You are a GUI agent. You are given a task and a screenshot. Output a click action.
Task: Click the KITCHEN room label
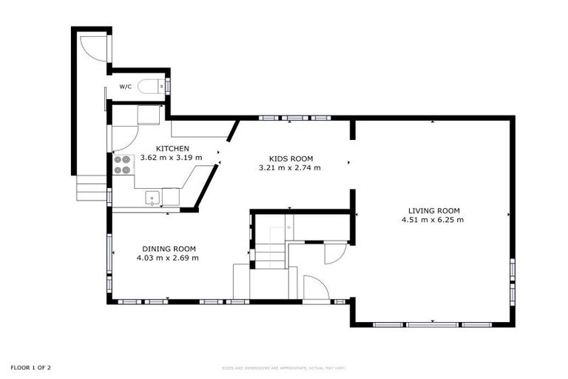coord(166,149)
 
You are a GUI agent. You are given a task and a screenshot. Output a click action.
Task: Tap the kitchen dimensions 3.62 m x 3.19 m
coord(171,158)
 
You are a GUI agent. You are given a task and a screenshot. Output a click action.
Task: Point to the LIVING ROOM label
coord(433,210)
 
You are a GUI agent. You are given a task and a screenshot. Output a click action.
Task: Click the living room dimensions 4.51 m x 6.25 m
coord(433,220)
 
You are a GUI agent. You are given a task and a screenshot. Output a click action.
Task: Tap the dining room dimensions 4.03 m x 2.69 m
coord(167,258)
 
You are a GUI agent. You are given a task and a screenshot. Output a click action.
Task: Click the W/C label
coord(126,87)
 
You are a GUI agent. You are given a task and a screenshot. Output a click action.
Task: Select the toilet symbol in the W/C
coord(150,87)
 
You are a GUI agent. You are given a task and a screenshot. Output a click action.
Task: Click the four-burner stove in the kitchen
coord(122,164)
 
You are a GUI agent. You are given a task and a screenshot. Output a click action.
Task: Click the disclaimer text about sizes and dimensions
coord(284,368)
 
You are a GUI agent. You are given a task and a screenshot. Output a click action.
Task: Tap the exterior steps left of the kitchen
coord(92,188)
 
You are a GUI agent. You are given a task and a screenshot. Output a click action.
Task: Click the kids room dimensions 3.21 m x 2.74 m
coord(290,168)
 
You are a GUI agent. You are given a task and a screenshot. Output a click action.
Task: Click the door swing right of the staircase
coord(335,252)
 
